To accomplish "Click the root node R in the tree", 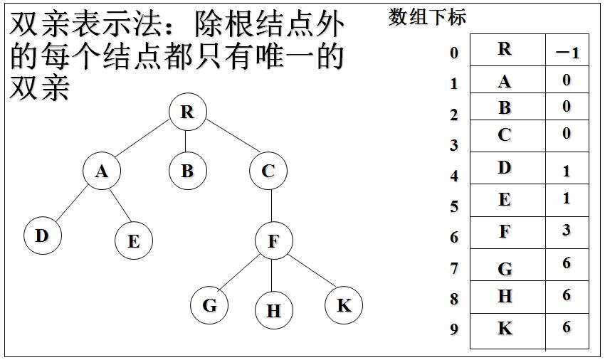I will (187, 112).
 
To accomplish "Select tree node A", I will (101, 171).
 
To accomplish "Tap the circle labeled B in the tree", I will (187, 171).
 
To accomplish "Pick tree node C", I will (268, 171).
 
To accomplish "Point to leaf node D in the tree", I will (42, 235).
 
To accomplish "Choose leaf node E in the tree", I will (133, 241).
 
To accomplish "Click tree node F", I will (273, 241).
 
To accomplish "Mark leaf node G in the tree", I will (209, 305).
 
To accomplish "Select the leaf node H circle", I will (273, 311).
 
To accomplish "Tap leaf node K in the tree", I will (344, 305).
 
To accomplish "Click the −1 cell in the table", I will (567, 53).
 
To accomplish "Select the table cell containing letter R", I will (505, 49).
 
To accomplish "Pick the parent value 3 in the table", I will (567, 231).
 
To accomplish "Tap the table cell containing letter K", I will (505, 328).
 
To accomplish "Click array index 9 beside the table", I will (454, 329).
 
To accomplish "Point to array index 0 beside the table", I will (454, 53).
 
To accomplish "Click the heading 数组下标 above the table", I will (427, 17).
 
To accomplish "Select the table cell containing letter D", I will (505, 168).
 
